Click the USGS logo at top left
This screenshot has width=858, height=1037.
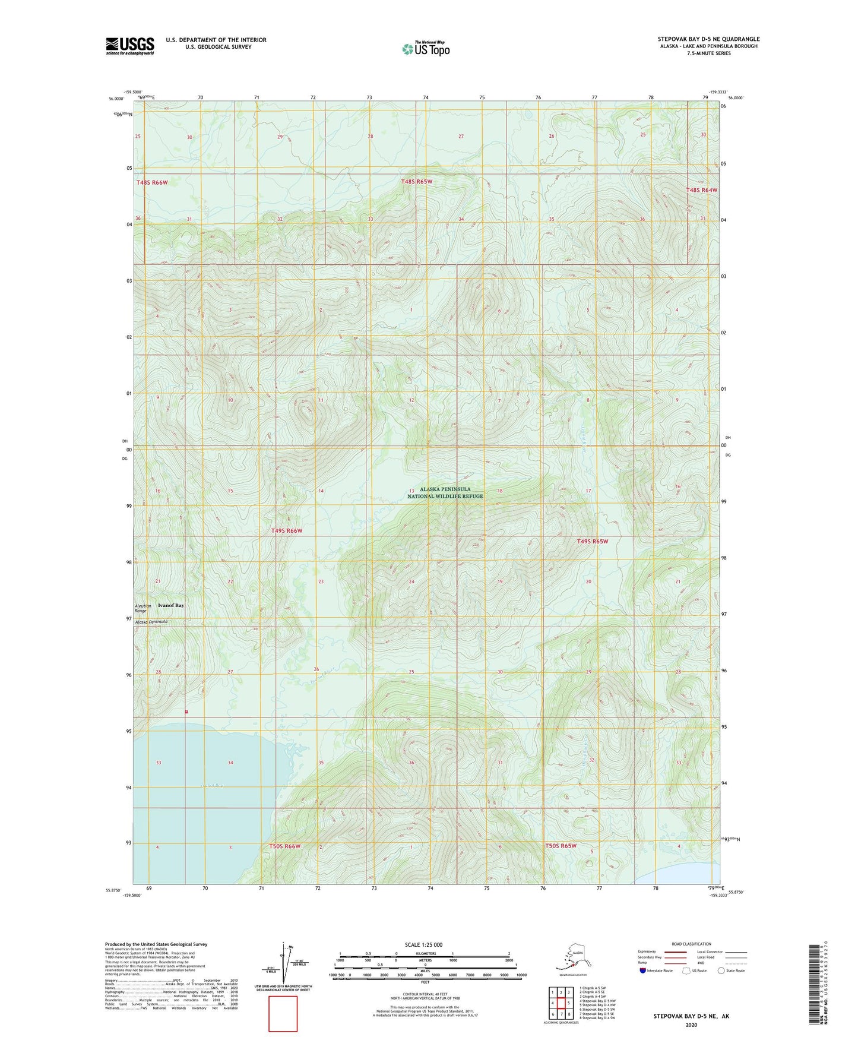pos(129,46)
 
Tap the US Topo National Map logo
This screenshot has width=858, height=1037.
pos(426,48)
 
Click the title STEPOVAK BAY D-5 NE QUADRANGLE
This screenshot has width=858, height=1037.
pos(708,39)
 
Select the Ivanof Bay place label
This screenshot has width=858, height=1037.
pos(171,605)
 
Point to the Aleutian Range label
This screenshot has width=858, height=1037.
pos(143,608)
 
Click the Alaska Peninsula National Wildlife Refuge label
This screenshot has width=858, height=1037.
pos(445,493)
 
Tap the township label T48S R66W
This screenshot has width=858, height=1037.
pos(152,183)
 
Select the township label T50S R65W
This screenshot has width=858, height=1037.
pos(561,846)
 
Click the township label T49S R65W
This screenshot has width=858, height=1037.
pos(593,542)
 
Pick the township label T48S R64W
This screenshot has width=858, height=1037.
pos(702,190)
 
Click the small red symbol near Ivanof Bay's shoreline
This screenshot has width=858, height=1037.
pos(186,711)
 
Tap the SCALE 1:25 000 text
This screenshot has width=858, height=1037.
pos(423,945)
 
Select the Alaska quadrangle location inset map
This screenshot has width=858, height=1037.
pos(572,957)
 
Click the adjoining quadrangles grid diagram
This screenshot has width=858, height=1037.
pos(560,1004)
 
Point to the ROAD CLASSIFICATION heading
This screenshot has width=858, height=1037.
pos(691,944)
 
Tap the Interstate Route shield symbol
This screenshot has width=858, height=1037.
pos(642,970)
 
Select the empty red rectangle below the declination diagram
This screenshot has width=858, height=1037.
pos(283,1014)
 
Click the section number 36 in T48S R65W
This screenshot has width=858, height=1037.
pos(642,219)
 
